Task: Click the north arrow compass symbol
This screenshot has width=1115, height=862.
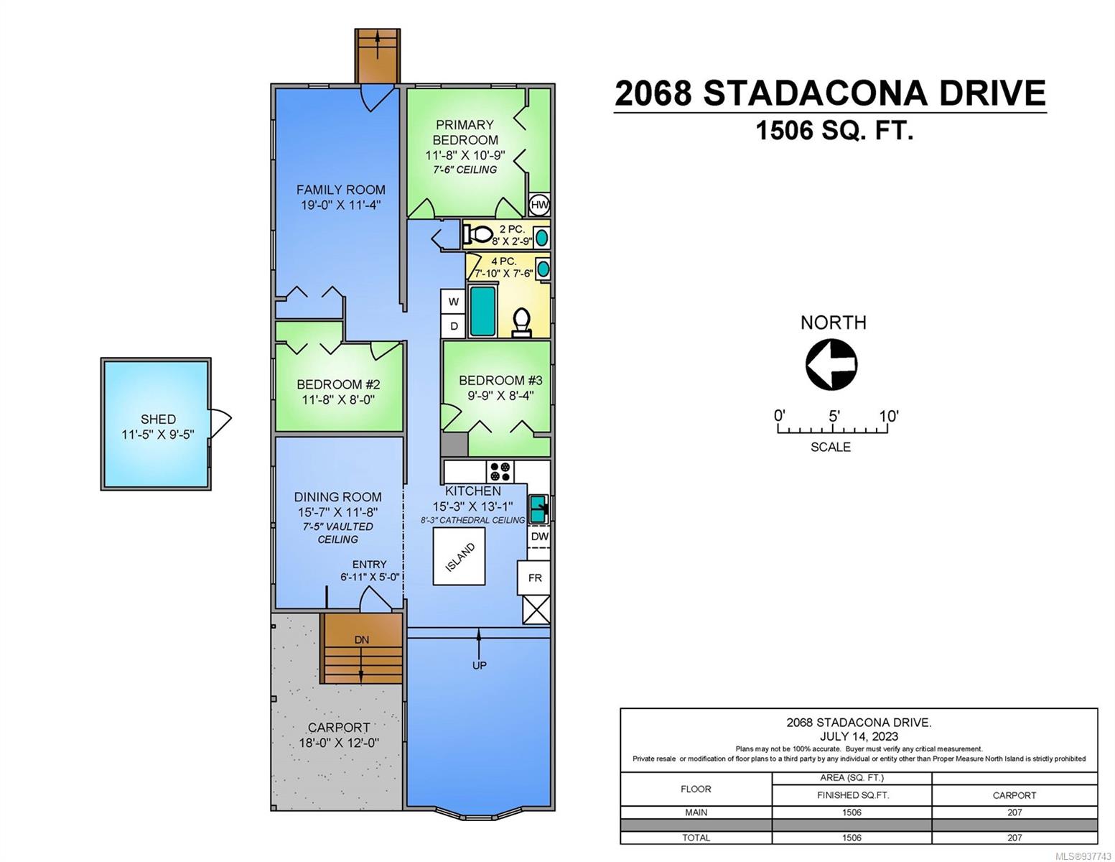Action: pos(831,364)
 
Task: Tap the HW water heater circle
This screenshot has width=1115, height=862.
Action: pos(538,205)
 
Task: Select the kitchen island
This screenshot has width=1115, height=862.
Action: pos(459,556)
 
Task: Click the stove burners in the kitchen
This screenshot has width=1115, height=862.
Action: pos(500,471)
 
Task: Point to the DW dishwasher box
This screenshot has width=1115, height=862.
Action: pos(538,537)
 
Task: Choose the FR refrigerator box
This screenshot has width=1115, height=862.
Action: pos(533,578)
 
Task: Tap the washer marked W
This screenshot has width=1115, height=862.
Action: pos(452,302)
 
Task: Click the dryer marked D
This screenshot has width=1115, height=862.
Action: pos(452,326)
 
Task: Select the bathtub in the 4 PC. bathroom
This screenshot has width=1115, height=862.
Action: pos(483,311)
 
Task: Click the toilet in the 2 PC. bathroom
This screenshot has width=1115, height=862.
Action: pos(477,235)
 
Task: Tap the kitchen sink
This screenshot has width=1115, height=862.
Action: pos(538,509)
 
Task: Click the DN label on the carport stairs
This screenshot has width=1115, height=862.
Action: pos(361,640)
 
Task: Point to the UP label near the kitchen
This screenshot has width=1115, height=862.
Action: pos(479,665)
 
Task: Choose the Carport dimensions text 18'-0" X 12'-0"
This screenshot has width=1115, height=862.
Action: pos(339,742)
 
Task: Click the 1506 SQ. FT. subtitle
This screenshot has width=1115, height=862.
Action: pos(834,130)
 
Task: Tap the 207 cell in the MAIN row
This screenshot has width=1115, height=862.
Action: pos(1014,812)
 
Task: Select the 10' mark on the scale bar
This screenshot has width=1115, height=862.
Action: pos(888,416)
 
